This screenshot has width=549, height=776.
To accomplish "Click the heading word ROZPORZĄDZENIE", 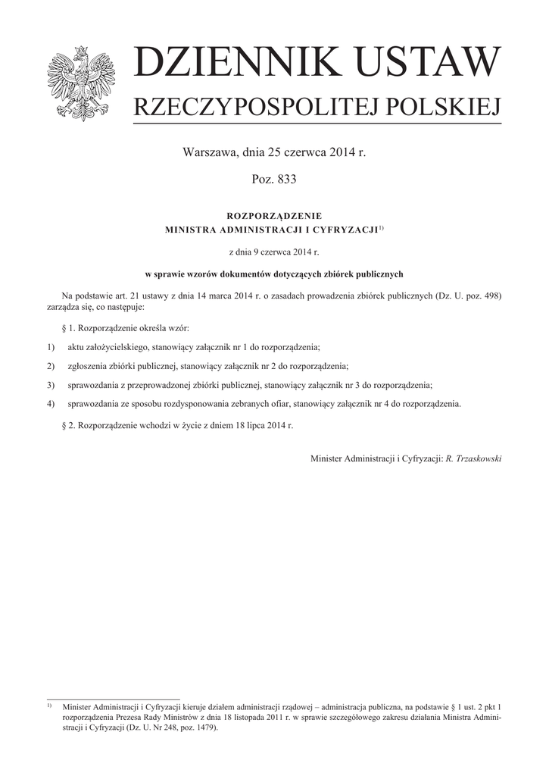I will click(274, 216).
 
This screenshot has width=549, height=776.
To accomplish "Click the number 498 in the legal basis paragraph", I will click(491, 295).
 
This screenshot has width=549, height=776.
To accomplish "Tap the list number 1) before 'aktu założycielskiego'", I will click(51, 347).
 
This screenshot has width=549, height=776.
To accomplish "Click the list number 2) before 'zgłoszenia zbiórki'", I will click(51, 366).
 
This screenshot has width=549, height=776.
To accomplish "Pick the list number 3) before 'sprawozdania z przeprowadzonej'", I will click(51, 385).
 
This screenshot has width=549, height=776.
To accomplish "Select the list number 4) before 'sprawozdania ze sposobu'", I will click(51, 404).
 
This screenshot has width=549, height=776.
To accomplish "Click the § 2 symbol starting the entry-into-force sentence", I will click(64, 427).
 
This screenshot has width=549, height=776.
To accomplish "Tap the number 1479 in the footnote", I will click(202, 727).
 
